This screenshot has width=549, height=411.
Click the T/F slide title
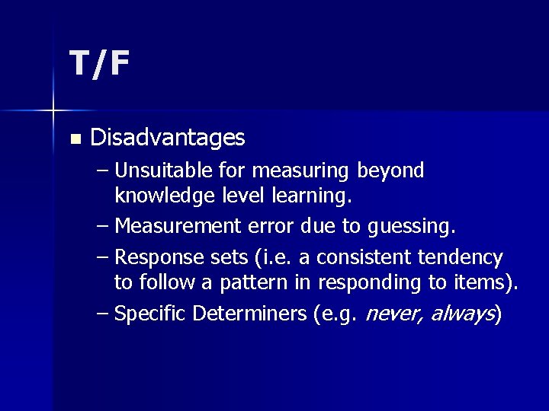point(99,65)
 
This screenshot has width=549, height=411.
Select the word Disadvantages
point(168,138)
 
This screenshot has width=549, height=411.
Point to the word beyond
point(390,171)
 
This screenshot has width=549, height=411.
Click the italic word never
point(395,314)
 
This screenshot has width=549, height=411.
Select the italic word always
point(462,314)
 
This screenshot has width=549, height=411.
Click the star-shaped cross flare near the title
point(53,111)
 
